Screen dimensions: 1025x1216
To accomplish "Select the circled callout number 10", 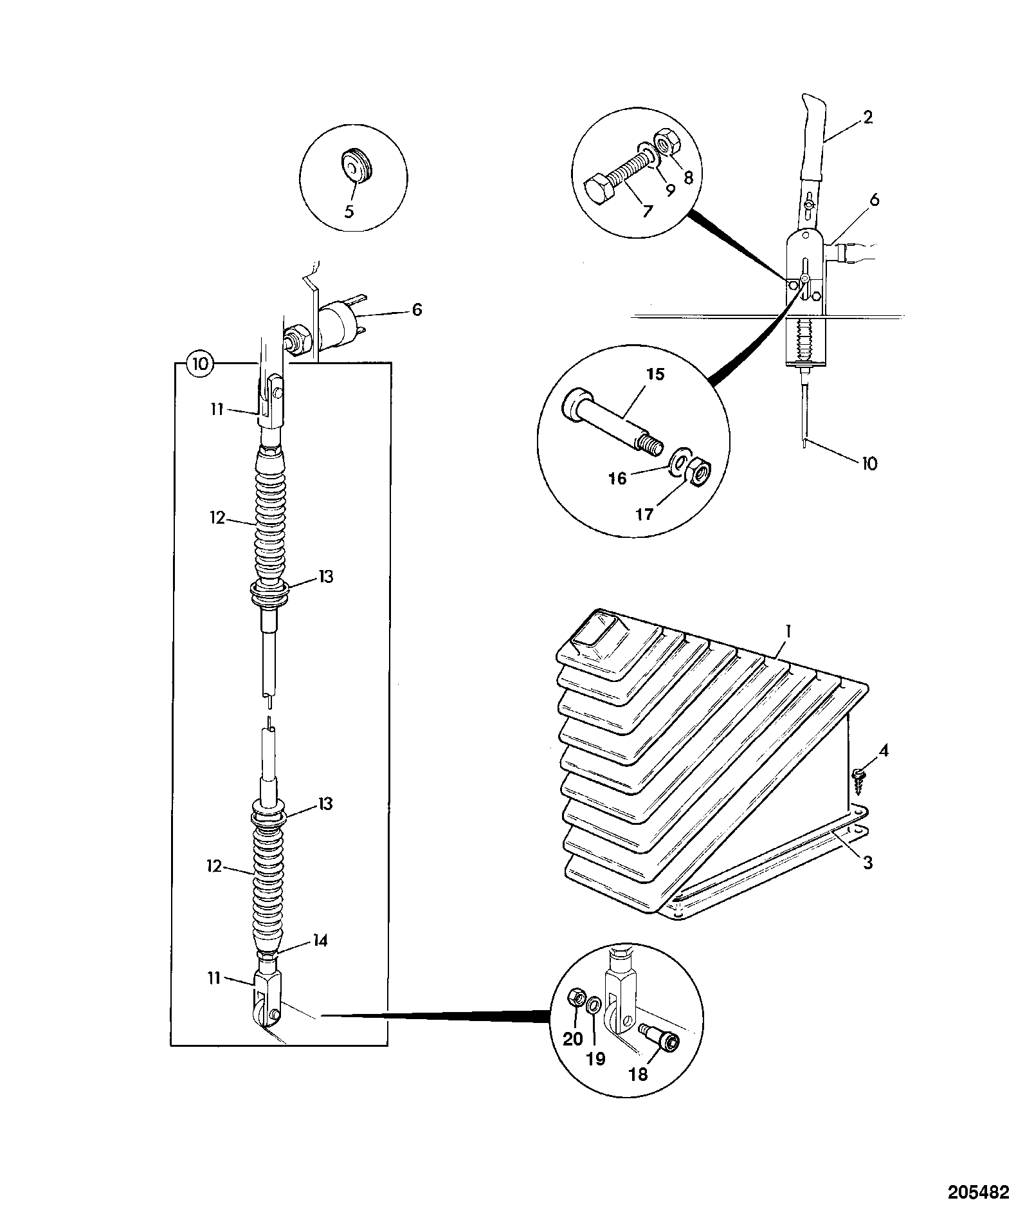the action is pos(200,364).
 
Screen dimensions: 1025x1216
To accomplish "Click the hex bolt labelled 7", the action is pos(617,180).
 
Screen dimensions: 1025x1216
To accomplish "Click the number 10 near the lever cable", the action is pos(869,463).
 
